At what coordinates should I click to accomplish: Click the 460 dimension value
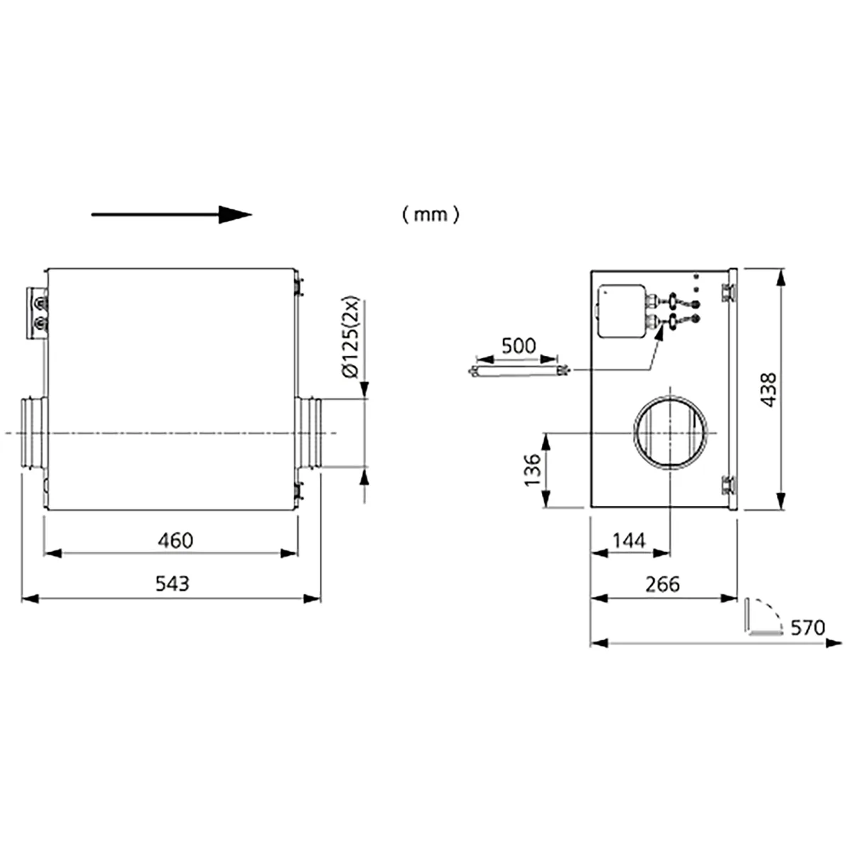pos(175,541)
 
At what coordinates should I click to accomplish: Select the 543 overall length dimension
pos(172,584)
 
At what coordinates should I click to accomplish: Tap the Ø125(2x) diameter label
pos(351,337)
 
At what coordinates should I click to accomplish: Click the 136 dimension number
pos(532,469)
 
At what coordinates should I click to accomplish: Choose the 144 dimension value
pos(629,541)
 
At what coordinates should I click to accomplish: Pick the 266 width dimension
pos(663,584)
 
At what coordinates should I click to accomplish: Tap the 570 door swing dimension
pos(807,628)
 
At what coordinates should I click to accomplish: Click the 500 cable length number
pos(519,346)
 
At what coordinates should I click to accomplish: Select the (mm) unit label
pos(431,215)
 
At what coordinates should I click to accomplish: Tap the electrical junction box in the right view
pos(622,311)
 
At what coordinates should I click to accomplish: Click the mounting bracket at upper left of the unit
pos(37,313)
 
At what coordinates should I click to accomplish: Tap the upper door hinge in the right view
pos(728,292)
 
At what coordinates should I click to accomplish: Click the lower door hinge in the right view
pos(728,485)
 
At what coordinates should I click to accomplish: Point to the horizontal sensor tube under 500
pos(519,371)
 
